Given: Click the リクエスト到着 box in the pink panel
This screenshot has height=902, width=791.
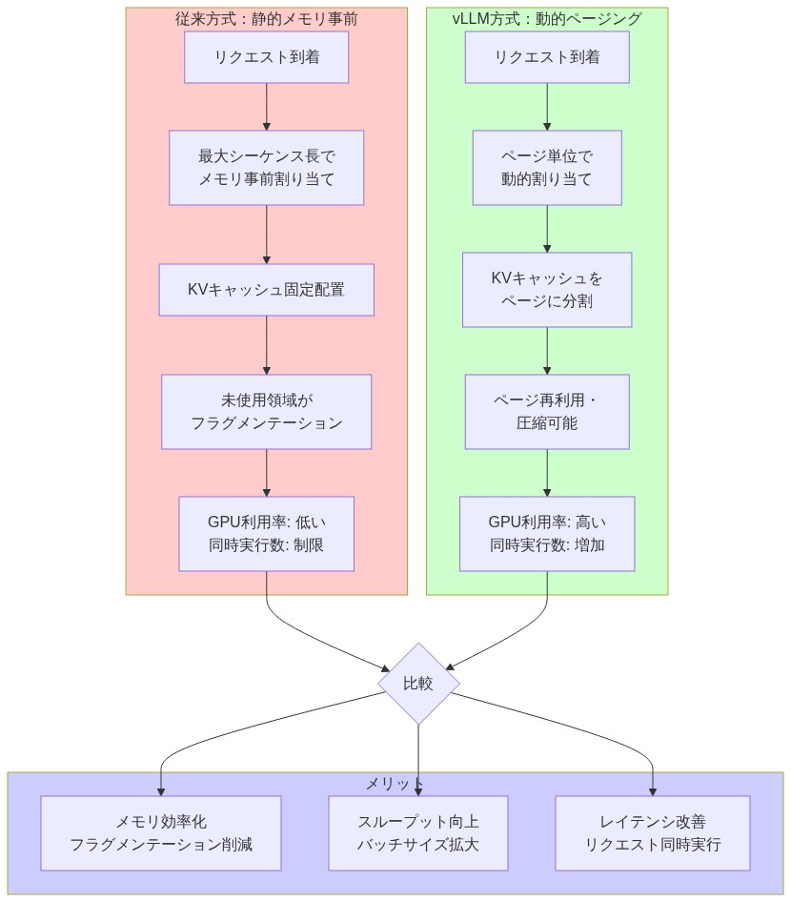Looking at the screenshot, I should click(x=266, y=57).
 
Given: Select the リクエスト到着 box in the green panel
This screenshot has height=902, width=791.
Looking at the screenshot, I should click(x=547, y=57).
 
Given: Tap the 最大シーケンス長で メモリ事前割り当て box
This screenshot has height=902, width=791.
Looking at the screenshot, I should click(x=266, y=168).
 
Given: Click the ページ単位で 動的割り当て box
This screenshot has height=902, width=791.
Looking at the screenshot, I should click(x=547, y=168).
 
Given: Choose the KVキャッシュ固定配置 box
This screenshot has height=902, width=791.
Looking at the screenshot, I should click(x=266, y=290).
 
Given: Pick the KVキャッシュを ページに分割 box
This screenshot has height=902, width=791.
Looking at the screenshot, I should click(x=547, y=290).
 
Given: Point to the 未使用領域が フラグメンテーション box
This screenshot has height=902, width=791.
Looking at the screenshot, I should click(x=266, y=412).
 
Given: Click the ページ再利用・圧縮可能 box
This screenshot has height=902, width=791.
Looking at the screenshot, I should click(x=547, y=412).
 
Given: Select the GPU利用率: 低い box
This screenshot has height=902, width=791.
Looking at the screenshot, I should click(x=266, y=534).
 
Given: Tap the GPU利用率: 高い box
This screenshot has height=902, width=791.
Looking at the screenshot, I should click(x=547, y=534).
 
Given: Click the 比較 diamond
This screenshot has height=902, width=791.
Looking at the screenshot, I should click(x=418, y=684).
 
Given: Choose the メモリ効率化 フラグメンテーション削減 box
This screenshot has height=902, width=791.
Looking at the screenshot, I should click(x=161, y=833).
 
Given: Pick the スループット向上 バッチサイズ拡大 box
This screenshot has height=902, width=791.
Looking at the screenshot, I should click(x=418, y=833).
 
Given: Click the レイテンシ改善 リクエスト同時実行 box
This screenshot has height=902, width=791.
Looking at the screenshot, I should click(x=653, y=833).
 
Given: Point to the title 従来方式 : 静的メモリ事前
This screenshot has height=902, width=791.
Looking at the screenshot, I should click(x=266, y=18).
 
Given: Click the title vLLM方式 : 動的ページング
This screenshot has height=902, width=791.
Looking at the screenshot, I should click(x=547, y=18).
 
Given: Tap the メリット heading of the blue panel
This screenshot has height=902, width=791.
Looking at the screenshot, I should click(x=395, y=783).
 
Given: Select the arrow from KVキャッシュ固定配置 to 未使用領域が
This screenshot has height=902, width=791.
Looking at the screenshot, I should click(x=266, y=344).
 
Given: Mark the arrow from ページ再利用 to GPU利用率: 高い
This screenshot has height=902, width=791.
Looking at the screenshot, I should click(x=547, y=472).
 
